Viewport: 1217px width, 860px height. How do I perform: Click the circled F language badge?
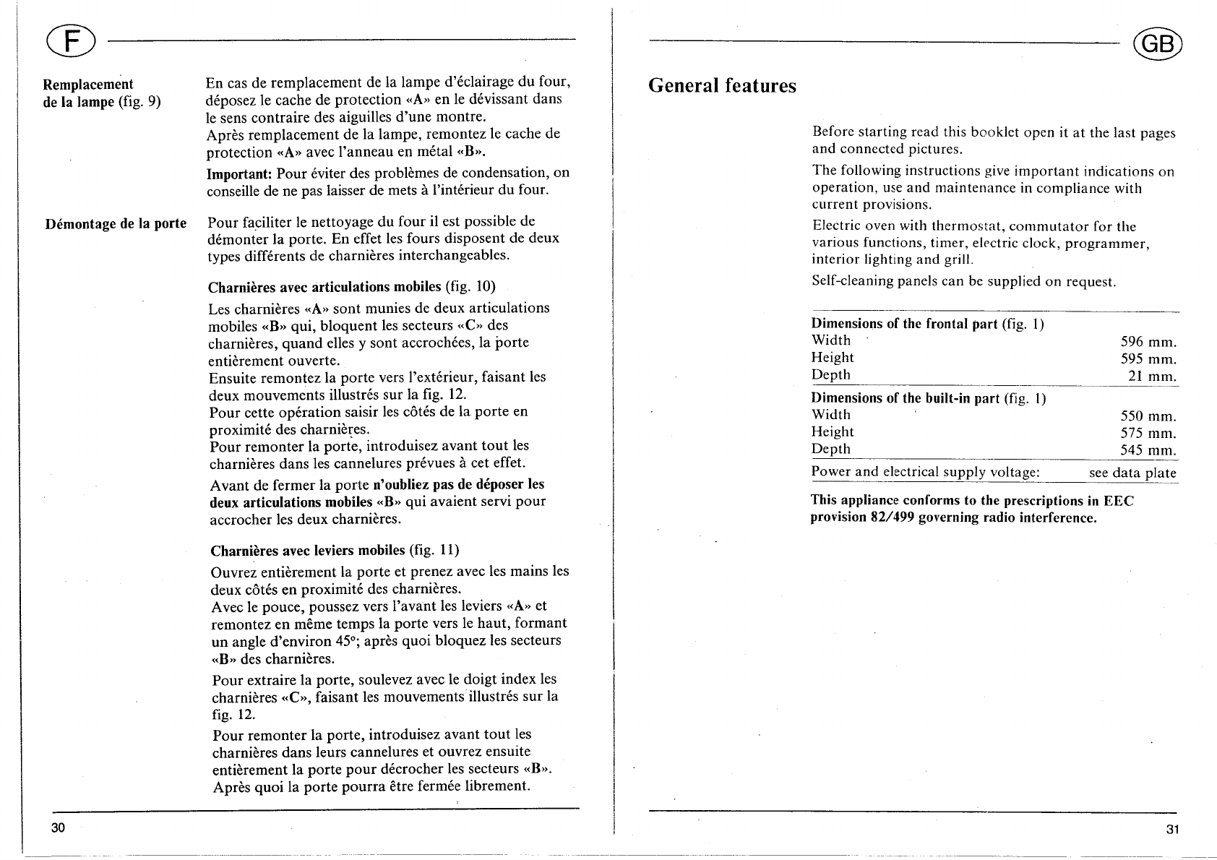(68, 40)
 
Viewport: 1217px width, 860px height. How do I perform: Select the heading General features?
(722, 86)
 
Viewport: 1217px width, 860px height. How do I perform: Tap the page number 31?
(1172, 829)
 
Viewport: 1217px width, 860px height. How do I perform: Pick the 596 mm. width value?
(1148, 342)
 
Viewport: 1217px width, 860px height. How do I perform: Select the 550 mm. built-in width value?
(1148, 416)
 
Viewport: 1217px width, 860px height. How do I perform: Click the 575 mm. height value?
(1148, 434)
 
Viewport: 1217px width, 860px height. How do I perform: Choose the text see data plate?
(1132, 473)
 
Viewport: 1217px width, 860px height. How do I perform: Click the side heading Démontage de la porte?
(116, 223)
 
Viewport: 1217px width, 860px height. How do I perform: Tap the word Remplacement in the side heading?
(88, 85)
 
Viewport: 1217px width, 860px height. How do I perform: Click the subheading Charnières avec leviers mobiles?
(308, 551)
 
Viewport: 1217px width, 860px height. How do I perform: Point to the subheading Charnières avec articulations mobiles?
(324, 285)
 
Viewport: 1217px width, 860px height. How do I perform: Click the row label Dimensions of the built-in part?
(906, 398)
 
